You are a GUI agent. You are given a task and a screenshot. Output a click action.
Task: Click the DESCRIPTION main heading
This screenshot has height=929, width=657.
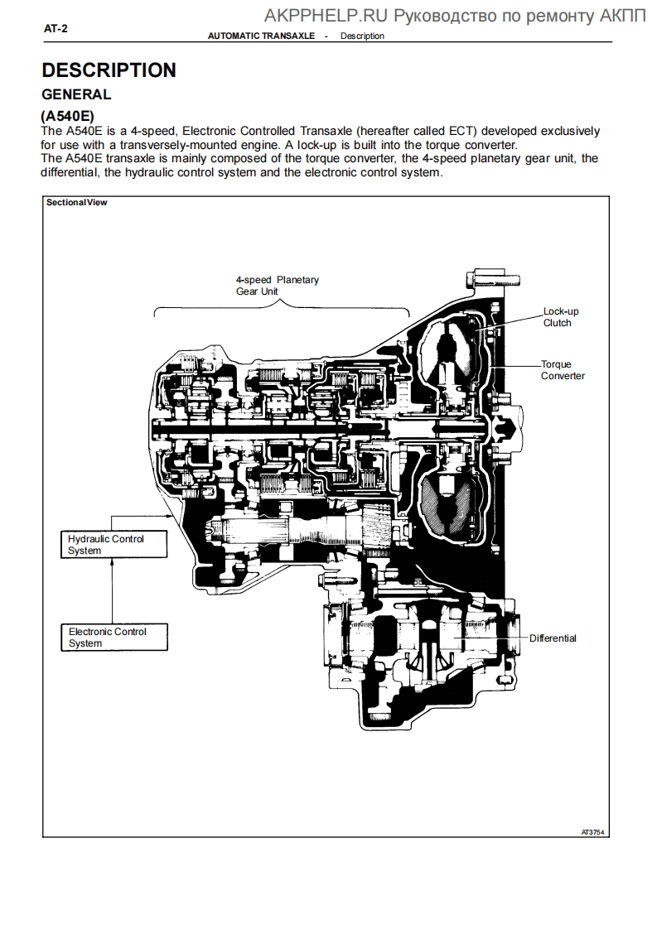coord(109,70)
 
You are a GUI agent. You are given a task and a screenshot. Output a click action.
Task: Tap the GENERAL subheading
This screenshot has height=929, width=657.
coord(76,94)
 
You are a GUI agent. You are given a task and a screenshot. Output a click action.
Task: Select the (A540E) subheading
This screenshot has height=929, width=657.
coord(67,117)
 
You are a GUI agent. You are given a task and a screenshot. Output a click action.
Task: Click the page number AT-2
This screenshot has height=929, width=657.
coord(56,28)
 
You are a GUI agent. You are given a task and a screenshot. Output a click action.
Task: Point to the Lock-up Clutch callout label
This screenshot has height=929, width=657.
coord(560,317)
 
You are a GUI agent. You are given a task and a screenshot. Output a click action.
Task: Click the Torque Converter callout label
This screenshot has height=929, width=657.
coord(563,370)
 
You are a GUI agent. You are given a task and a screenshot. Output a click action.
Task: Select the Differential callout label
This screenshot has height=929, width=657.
coord(553,638)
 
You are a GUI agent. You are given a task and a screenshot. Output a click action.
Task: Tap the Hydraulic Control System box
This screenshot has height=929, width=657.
coord(113,544)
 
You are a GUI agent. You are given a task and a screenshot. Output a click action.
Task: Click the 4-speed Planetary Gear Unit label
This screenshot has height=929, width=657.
coord(277,286)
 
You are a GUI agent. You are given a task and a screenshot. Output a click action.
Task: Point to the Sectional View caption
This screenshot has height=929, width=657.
coord(76,202)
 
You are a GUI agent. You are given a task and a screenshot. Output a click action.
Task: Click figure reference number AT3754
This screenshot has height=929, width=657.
coord(592,831)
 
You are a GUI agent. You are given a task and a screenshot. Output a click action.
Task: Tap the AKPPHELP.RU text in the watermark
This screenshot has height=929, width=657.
coord(326,15)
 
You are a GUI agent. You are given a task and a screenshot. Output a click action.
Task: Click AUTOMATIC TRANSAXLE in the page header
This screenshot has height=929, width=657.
coord(261,36)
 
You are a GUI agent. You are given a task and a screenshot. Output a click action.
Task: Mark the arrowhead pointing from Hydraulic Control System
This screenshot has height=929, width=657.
coord(171,514)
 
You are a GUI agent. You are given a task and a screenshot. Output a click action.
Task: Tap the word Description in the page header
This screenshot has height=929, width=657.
coord(362,36)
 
